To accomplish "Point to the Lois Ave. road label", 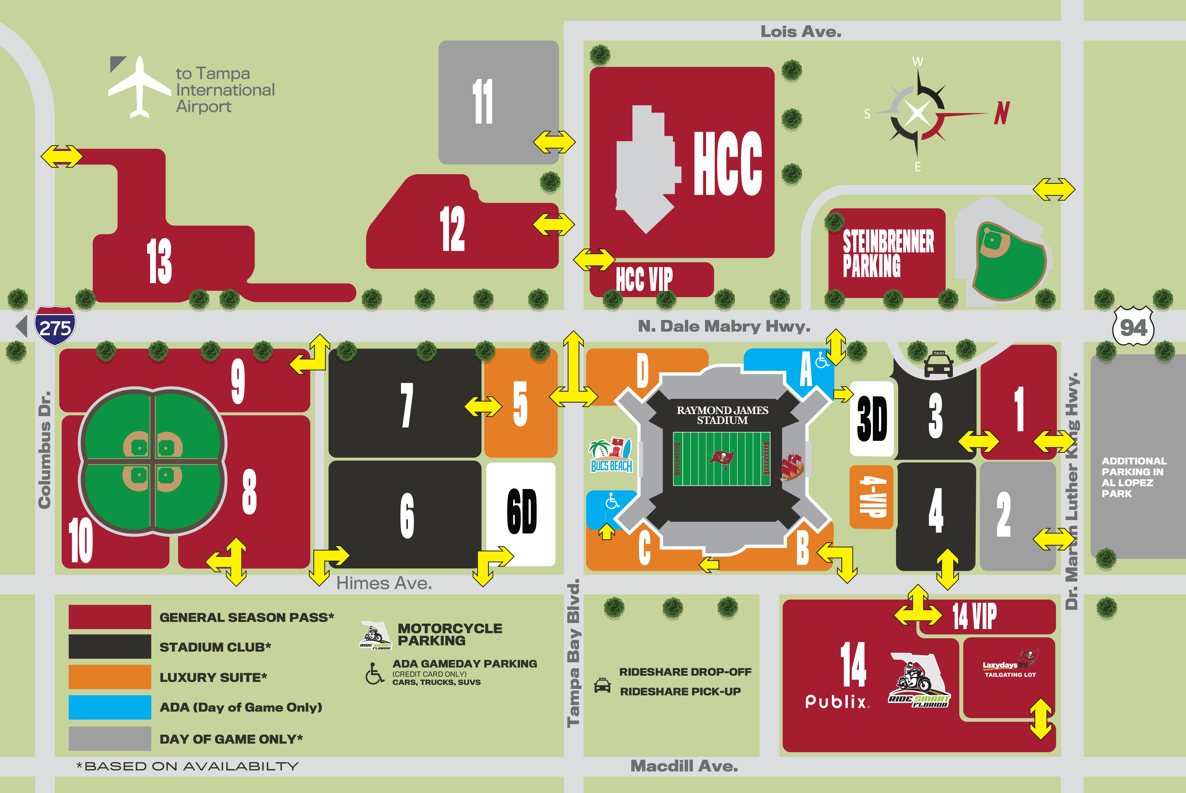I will click(801, 32).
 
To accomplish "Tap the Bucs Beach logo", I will click(611, 455).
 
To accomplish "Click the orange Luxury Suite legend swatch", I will click(110, 677).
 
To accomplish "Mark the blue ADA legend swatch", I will click(110, 707).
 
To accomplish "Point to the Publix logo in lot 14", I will click(837, 701).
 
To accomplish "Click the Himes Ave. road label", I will click(384, 584).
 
